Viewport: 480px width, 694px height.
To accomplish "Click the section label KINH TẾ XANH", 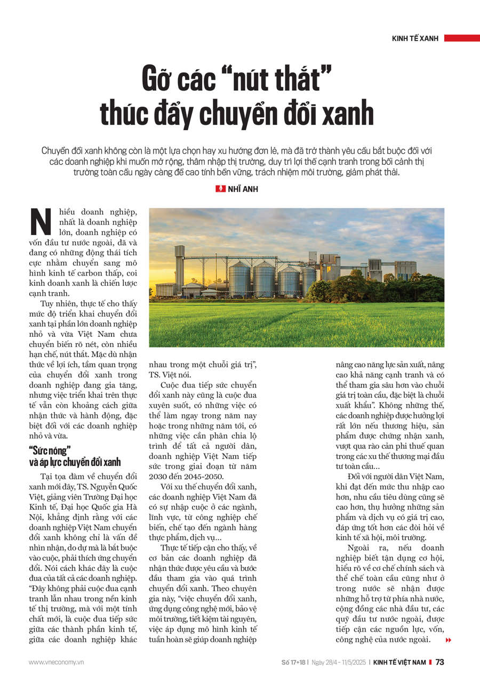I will point(415,38).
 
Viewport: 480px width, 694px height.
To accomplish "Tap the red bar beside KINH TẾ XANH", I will point(461,38).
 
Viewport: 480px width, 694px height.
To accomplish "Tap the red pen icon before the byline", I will point(220,189).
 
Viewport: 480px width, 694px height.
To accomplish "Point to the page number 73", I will point(440,662).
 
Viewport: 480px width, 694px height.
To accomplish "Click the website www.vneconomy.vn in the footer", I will point(57,662).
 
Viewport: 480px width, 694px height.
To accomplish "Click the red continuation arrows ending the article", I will point(449,640).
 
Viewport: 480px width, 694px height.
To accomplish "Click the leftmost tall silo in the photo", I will point(239,278).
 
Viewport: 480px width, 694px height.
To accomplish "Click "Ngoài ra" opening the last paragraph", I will point(364,548).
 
